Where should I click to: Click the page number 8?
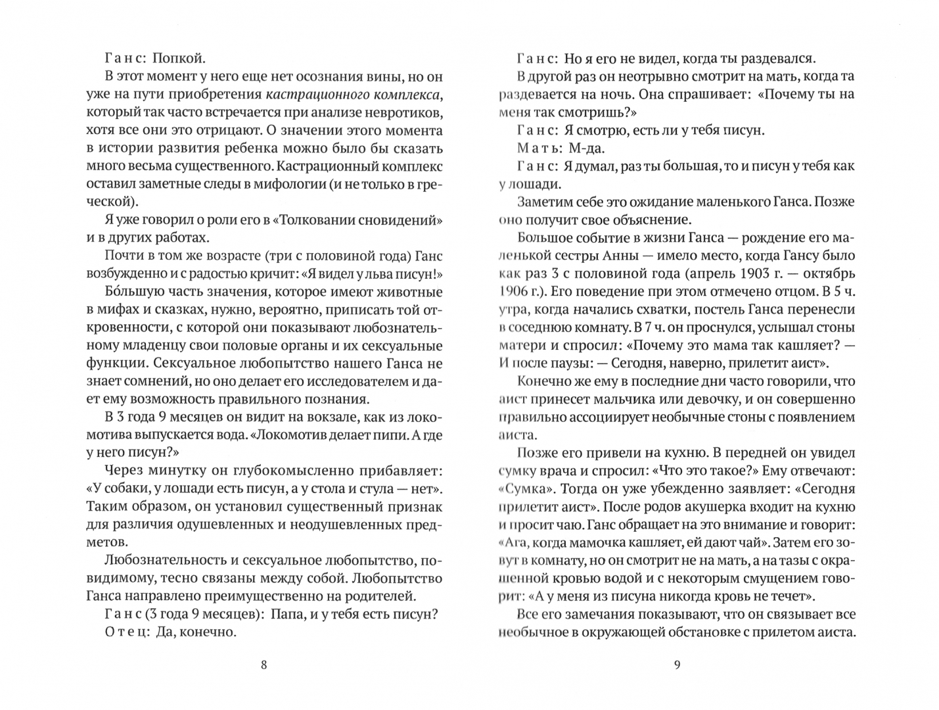pos(264,664)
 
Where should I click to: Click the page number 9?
pos(677,664)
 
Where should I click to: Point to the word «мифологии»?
pos(282,184)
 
